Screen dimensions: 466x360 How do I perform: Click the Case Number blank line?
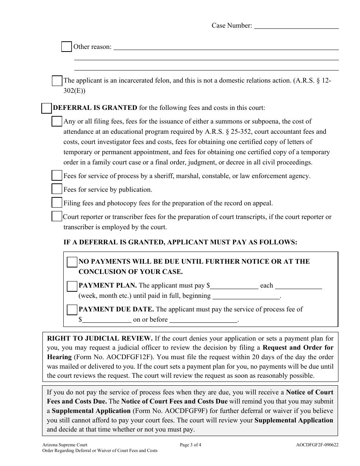[296, 26]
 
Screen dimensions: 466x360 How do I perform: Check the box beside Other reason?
[66, 47]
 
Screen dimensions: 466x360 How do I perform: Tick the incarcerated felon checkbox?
[57, 81]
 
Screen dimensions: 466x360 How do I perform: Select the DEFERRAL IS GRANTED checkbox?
[46, 108]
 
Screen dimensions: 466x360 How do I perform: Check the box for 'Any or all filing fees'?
[57, 122]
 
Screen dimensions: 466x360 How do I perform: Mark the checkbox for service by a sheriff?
[57, 176]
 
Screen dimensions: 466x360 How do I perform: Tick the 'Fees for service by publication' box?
[57, 189]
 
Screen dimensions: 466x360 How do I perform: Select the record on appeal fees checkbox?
[57, 203]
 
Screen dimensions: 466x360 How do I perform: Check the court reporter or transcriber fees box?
[57, 217]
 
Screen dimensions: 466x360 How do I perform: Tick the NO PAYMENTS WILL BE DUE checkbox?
[72, 262]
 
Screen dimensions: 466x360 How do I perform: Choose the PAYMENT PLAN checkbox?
[72, 286]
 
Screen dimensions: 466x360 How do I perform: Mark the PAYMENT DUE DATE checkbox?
[72, 310]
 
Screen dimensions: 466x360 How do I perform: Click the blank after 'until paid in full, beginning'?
[246, 296]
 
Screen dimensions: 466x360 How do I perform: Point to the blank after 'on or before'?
[203, 320]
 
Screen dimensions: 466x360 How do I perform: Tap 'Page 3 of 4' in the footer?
[190, 445]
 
